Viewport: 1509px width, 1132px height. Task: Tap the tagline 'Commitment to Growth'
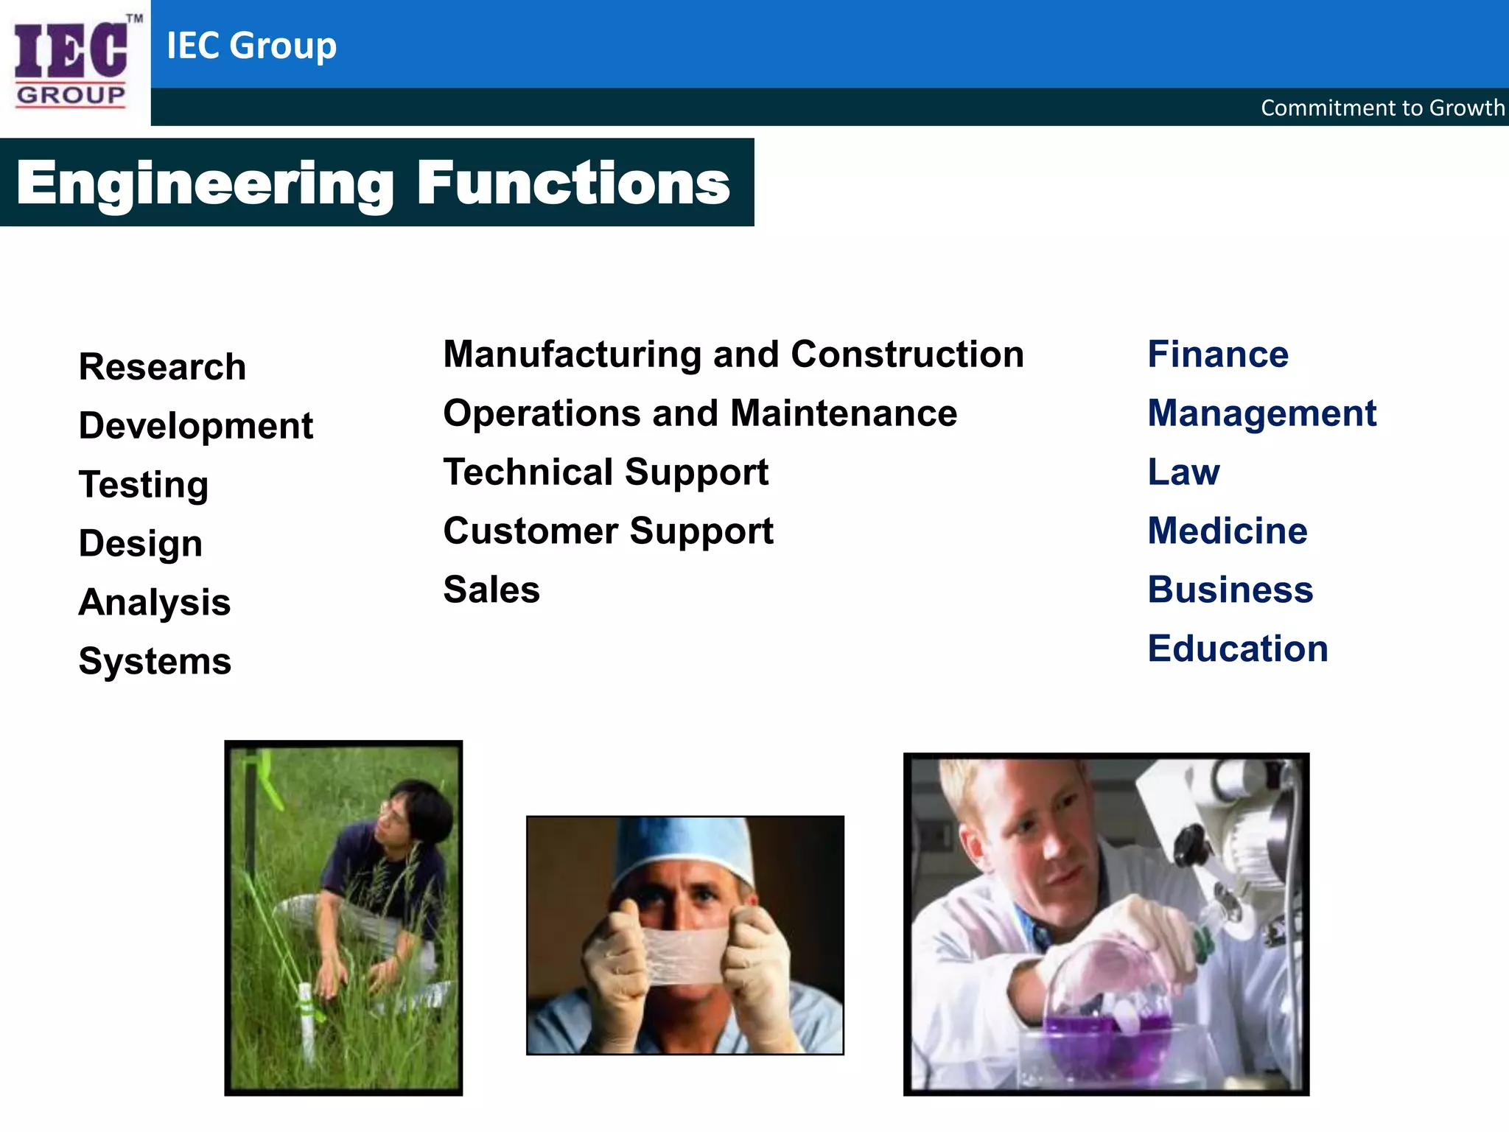click(x=1382, y=108)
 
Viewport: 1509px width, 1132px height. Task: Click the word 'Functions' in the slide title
click(x=573, y=184)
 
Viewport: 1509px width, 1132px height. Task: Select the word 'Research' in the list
click(x=162, y=367)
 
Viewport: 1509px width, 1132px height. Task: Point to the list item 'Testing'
click(x=144, y=485)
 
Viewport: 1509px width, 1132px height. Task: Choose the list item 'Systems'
click(x=155, y=661)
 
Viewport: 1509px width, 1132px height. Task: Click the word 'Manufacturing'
click(x=572, y=354)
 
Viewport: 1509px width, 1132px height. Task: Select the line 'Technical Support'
click(x=606, y=472)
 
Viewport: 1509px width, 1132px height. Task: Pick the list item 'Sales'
click(x=491, y=590)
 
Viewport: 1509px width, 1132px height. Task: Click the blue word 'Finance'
click(x=1218, y=354)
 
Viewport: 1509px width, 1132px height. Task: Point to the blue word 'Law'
click(x=1183, y=472)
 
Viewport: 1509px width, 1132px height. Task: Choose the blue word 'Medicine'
click(x=1228, y=531)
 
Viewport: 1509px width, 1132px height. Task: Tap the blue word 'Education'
click(x=1238, y=649)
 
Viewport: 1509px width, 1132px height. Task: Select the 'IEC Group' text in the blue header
click(x=251, y=46)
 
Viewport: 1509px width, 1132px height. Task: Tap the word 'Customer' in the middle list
click(x=531, y=531)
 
